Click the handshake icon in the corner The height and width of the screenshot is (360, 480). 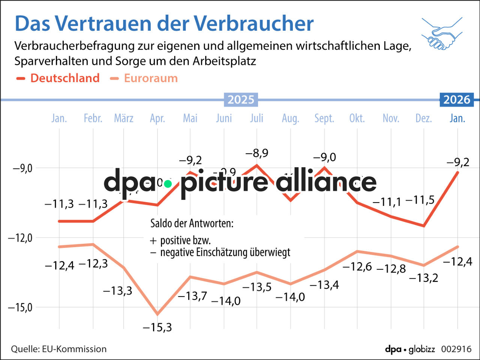coord(442,34)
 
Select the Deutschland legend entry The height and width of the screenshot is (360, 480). coord(64,78)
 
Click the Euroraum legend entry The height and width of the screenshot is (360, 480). coord(150,78)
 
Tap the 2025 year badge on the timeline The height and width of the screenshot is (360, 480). coord(241,100)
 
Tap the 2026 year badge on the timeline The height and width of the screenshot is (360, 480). coord(456,100)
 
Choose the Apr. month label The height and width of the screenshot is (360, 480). coord(157,118)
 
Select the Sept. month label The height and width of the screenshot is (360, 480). coord(324,118)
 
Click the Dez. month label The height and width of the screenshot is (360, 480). coord(424,118)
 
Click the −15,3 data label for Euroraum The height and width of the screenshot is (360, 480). coord(157,327)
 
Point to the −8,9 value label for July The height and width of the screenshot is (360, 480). coord(257,153)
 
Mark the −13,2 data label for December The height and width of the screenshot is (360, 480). coord(423,278)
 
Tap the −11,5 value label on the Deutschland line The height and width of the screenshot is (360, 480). coord(420,200)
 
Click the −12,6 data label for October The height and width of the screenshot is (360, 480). coord(357,267)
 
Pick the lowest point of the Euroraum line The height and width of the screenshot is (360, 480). coord(157,314)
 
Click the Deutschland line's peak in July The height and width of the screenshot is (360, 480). coord(257,165)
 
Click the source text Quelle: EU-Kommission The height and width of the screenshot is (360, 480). coord(59,349)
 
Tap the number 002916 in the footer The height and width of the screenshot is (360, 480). coord(456,349)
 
